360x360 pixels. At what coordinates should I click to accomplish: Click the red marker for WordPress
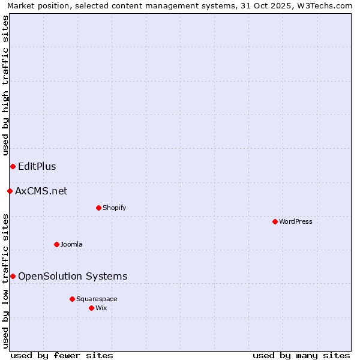click(275, 221)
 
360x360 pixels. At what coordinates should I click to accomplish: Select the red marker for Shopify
click(98, 208)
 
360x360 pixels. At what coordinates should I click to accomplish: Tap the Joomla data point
click(56, 244)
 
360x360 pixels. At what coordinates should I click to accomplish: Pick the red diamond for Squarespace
click(72, 299)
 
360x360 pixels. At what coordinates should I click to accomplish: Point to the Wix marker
click(91, 308)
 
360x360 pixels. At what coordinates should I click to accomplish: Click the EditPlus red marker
click(13, 166)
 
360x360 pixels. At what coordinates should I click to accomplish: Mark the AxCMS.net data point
click(10, 191)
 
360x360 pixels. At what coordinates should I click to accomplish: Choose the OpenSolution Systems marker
click(13, 276)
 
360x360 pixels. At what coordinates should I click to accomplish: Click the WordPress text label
click(296, 221)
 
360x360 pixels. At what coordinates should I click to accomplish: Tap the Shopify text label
click(114, 208)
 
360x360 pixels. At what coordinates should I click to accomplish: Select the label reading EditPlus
click(37, 166)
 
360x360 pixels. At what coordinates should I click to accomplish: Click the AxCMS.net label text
click(41, 191)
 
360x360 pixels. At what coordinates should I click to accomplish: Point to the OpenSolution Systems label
click(73, 276)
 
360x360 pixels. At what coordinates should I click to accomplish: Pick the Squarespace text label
click(97, 299)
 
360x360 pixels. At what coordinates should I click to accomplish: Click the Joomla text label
click(71, 244)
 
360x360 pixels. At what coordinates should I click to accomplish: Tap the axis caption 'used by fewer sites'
click(62, 355)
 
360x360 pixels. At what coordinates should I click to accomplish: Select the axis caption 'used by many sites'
click(301, 355)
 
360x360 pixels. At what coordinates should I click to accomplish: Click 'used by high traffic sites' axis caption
click(5, 86)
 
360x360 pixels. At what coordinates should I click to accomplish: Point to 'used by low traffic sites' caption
click(5, 281)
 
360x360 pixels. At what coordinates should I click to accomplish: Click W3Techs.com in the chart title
click(325, 6)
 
